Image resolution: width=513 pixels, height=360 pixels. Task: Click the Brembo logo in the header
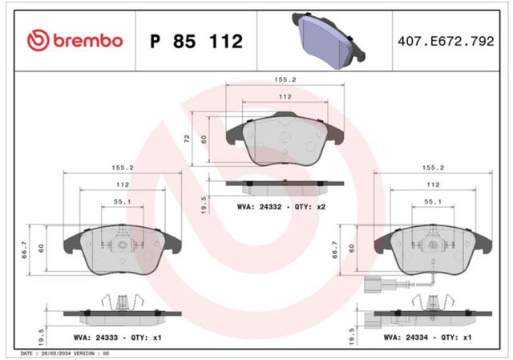pyautogui.click(x=75, y=41)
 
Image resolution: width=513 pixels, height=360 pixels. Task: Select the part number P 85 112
pyautogui.click(x=196, y=41)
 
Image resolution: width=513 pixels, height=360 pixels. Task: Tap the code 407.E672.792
pyautogui.click(x=446, y=41)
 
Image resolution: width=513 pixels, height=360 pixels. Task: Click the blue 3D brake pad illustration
pyautogui.click(x=329, y=41)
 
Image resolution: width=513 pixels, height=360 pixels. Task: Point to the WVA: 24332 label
pyautogui.click(x=259, y=207)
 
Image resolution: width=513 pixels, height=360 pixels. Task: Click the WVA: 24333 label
pyautogui.click(x=95, y=338)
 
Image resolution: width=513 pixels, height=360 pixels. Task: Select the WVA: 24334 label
pyautogui.click(x=406, y=338)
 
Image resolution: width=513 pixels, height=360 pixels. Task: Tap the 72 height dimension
pyautogui.click(x=187, y=139)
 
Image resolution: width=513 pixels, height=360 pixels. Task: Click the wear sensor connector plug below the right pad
pyautogui.click(x=372, y=285)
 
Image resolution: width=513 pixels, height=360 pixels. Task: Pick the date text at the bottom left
pyautogui.click(x=65, y=354)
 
